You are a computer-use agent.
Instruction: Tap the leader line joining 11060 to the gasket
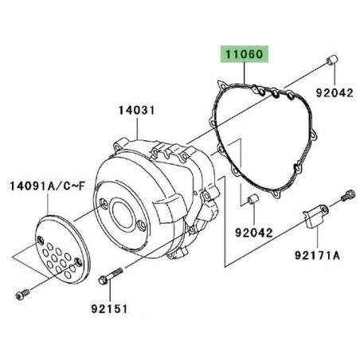pyautogui.click(x=244, y=70)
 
